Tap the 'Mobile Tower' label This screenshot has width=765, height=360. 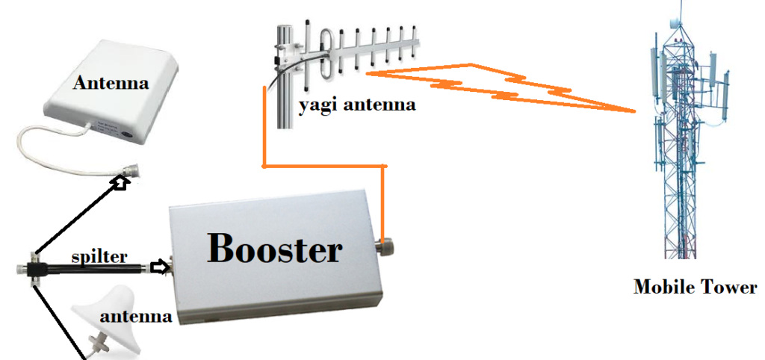[695, 287]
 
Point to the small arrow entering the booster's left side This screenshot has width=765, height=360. [158, 267]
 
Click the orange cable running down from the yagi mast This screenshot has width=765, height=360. [264, 127]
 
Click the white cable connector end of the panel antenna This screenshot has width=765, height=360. [126, 179]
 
